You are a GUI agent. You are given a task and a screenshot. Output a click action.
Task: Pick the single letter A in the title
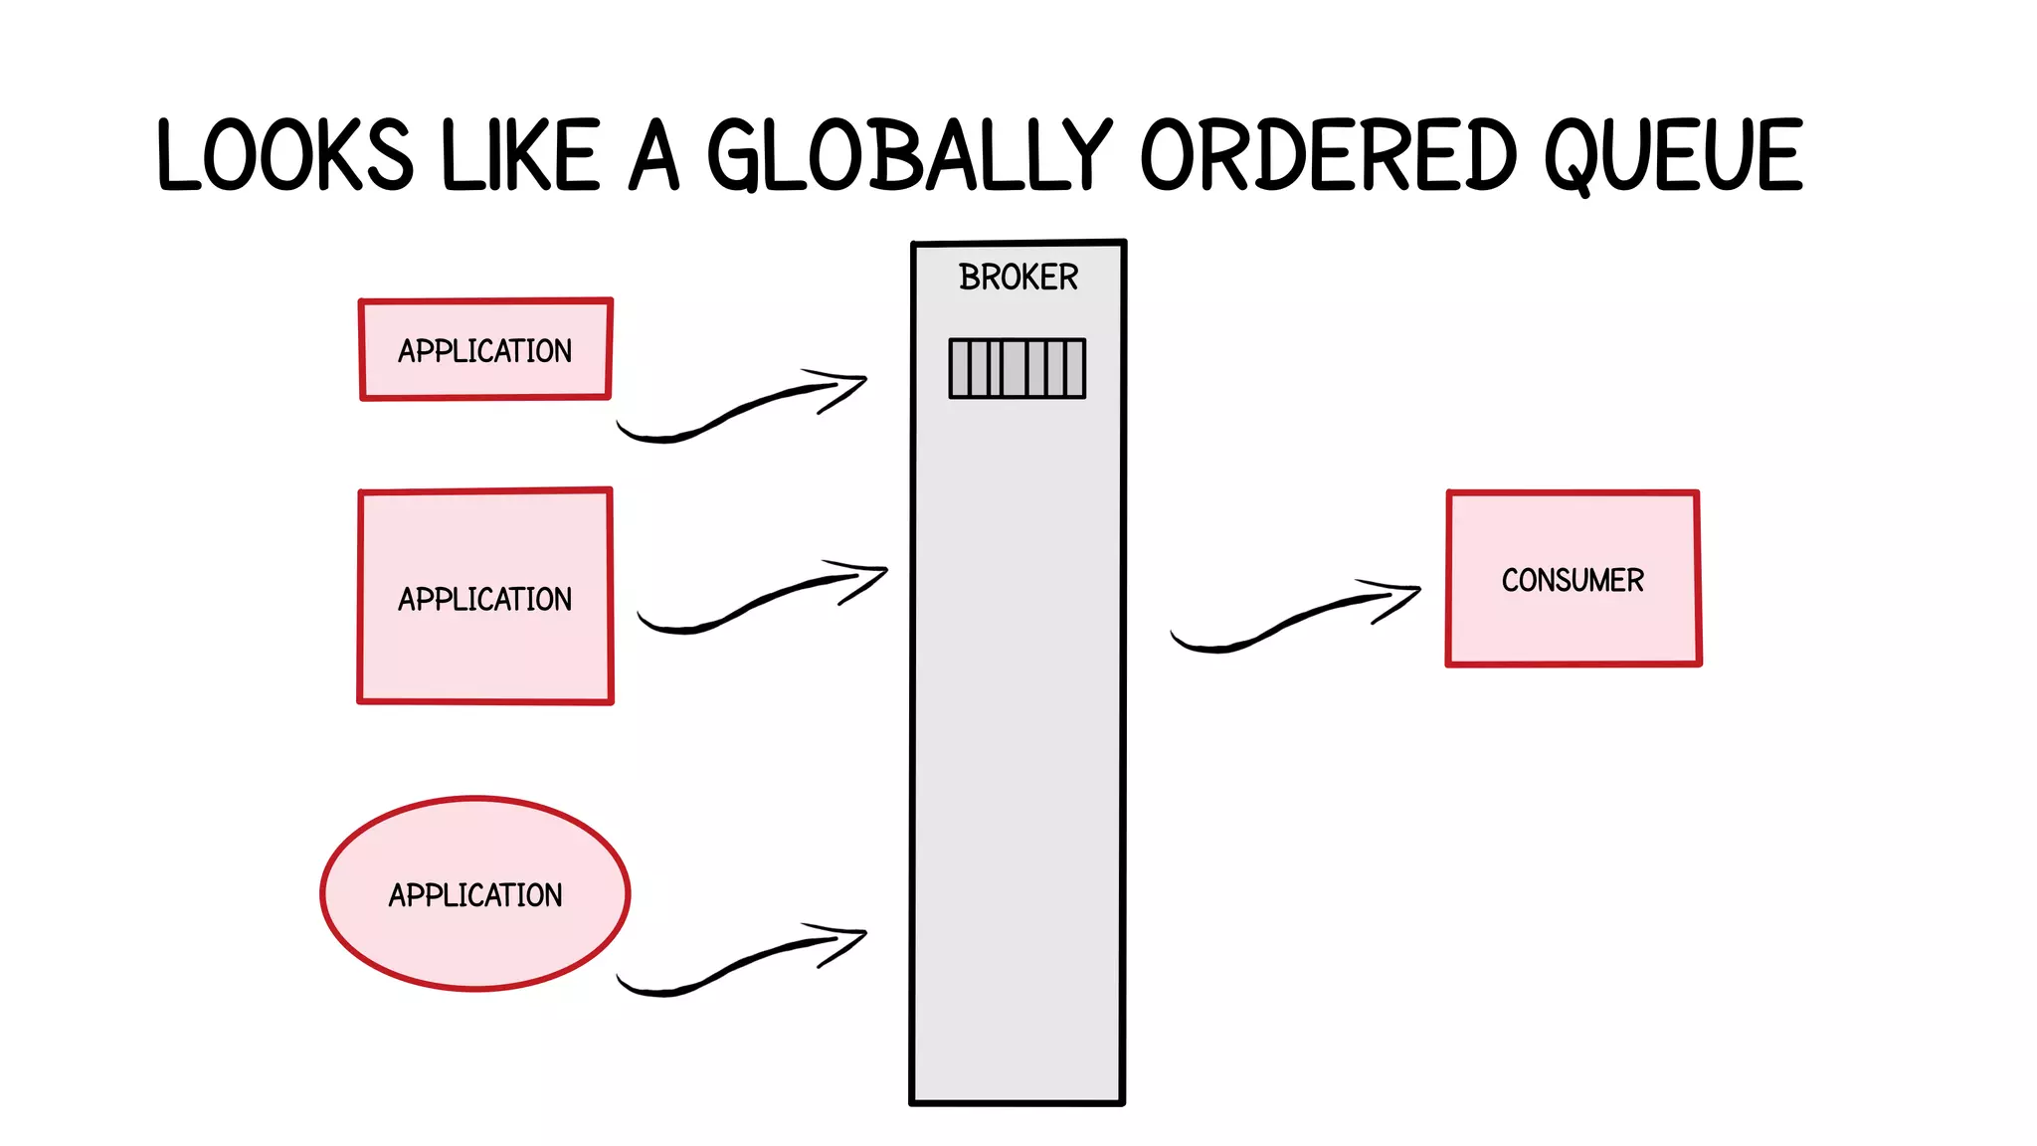coord(654,156)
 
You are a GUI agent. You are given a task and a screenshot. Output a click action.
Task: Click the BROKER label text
coord(1018,278)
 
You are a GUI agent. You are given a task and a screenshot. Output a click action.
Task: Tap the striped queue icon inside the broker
coord(1017,368)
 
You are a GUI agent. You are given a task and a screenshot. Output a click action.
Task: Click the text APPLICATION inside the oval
coord(475,895)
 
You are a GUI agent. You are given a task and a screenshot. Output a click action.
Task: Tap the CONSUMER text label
coord(1573,580)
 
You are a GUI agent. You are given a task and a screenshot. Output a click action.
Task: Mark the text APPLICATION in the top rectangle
coord(485,351)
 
